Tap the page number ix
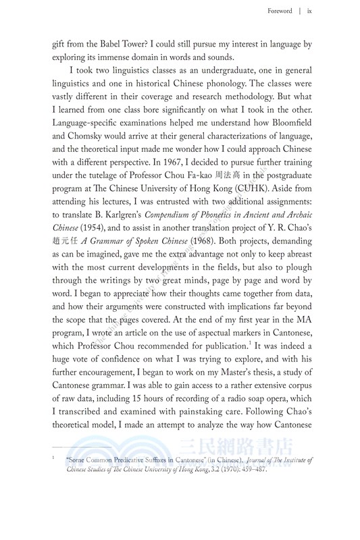(309, 11)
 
